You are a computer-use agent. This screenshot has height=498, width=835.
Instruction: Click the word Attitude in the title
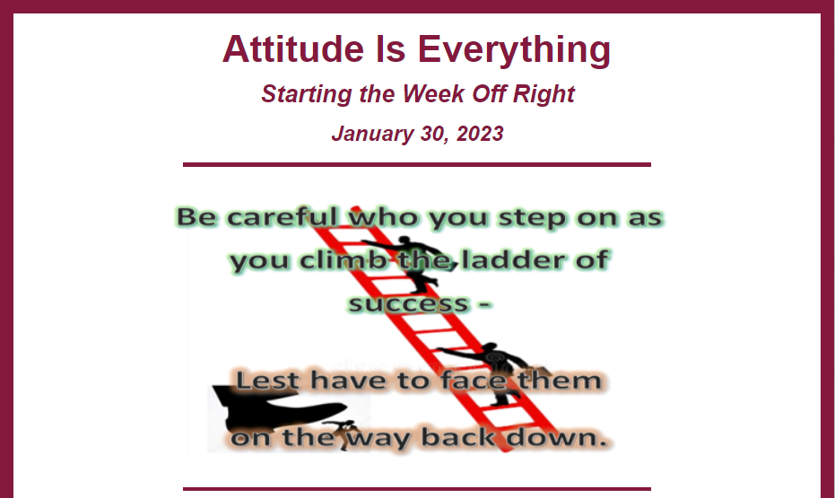tap(293, 49)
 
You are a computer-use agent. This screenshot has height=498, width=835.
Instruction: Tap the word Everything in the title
tap(514, 50)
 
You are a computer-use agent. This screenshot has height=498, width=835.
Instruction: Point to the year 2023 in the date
tap(480, 134)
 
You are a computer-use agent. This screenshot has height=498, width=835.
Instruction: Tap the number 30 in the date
tap(432, 134)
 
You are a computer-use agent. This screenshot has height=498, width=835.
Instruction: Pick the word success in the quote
tap(408, 304)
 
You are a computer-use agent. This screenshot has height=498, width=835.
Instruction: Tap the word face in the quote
tap(474, 380)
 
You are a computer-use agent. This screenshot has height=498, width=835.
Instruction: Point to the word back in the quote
tap(459, 437)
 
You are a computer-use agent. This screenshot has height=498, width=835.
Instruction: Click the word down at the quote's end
tap(556, 437)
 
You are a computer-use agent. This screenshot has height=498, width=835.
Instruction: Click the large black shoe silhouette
tap(278, 406)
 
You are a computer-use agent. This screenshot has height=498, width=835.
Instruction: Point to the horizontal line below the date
tap(417, 164)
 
